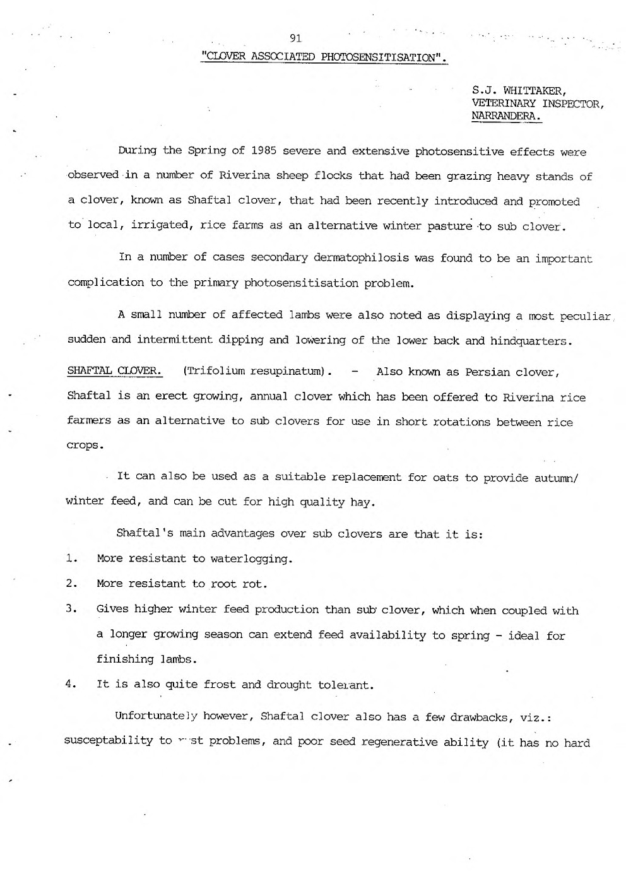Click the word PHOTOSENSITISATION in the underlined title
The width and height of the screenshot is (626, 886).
click(379, 57)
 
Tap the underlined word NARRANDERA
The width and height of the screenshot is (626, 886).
click(506, 117)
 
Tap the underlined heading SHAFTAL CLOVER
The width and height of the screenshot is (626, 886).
click(114, 371)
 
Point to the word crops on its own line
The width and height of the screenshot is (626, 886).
click(84, 445)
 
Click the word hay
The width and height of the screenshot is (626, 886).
click(364, 502)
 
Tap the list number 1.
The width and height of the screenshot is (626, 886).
click(71, 558)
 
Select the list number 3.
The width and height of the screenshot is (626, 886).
click(71, 609)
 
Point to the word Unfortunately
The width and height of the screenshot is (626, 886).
click(153, 716)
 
